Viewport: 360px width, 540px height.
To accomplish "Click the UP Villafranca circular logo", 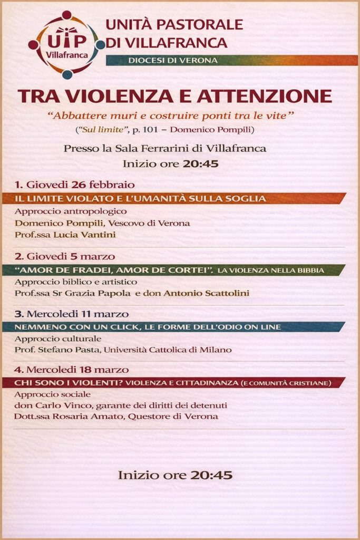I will coord(66,44).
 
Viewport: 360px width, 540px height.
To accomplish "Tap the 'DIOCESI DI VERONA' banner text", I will coord(173,61).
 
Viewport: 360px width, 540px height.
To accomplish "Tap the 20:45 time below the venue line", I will coord(200,163).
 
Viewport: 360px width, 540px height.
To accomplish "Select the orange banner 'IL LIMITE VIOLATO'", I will coord(140,198).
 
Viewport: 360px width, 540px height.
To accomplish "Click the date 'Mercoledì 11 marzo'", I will coord(78,314).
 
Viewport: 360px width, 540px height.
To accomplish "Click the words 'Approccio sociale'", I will coord(53,394).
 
